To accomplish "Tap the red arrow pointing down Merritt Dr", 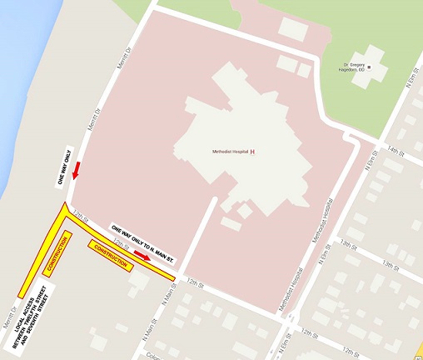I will pyautogui.click(x=77, y=172).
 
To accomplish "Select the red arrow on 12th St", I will pyautogui.click(x=142, y=256).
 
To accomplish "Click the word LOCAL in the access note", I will pyautogui.click(x=21, y=338).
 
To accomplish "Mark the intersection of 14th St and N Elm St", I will pyautogui.click(x=379, y=150).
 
